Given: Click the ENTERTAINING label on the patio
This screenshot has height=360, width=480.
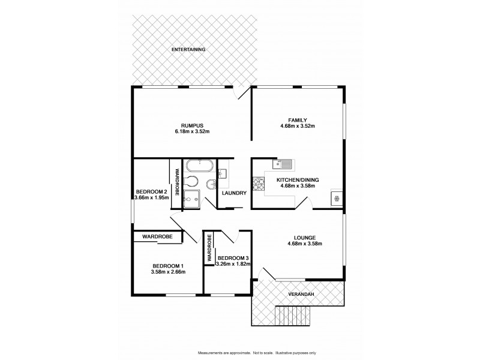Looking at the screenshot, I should (x=189, y=49).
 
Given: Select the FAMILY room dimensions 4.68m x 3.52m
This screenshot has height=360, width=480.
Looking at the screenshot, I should (x=297, y=126).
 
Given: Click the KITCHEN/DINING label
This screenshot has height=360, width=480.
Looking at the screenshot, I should (x=298, y=179).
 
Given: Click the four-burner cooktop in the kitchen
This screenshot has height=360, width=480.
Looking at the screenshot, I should (x=259, y=184).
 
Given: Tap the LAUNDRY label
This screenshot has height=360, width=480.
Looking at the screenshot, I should (x=234, y=193).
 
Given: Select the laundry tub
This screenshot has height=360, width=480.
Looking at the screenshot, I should (x=222, y=174).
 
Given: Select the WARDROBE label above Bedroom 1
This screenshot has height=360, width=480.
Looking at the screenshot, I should (x=157, y=237).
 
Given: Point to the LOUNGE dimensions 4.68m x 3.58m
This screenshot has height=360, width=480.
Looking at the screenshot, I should (x=297, y=244).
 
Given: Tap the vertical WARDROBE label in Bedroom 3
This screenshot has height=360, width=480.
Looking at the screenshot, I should (x=209, y=248).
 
